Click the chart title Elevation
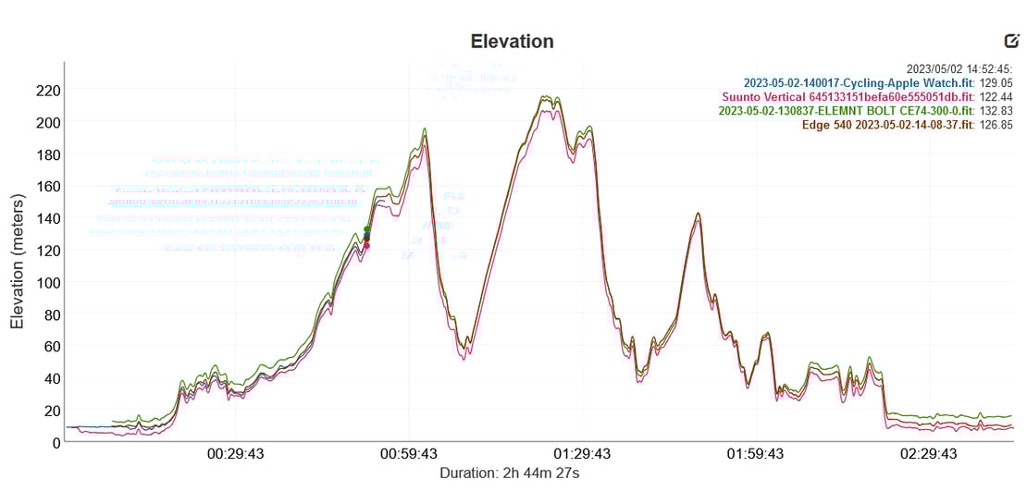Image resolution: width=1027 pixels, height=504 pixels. click(x=512, y=42)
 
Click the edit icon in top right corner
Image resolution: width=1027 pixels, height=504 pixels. click(x=1011, y=41)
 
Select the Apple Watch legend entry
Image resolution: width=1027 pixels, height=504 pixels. click(x=859, y=82)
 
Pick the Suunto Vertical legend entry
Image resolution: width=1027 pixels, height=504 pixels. click(x=848, y=96)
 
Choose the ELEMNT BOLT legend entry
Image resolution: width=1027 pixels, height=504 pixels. click(x=846, y=110)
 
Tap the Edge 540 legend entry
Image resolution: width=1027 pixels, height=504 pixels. click(x=887, y=124)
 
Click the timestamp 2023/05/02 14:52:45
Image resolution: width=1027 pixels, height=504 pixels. click(x=959, y=68)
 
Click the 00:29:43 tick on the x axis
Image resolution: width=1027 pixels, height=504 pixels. click(x=236, y=454)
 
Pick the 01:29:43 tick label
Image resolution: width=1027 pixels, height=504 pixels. click(x=583, y=454)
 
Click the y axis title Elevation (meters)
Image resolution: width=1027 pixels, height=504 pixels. click(x=17, y=262)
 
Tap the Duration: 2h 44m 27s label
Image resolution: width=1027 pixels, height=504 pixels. click(x=510, y=473)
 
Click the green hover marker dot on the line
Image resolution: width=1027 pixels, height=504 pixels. click(x=366, y=229)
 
